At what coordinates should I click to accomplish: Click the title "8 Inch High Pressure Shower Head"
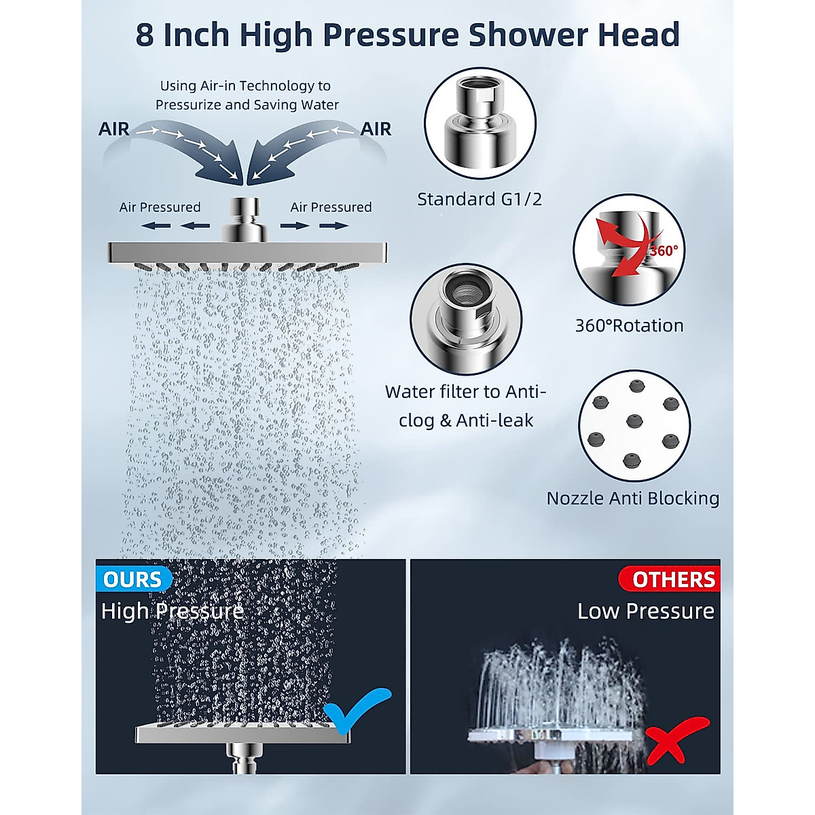coord(407,35)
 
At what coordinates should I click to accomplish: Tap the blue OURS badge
coord(133,579)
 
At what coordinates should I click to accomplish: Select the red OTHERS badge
coord(673,579)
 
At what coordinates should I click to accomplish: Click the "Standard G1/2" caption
coord(479,200)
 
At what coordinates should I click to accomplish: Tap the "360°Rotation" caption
coord(629,326)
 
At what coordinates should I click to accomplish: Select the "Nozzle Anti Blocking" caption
coord(633,499)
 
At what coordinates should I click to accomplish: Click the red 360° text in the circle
coord(663,251)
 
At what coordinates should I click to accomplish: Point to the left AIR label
coord(113,129)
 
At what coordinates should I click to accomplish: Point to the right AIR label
coord(376,129)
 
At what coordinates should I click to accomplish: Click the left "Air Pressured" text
coord(160,207)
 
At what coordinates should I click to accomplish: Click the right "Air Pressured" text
coord(331,207)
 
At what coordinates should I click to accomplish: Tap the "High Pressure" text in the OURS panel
coord(173,611)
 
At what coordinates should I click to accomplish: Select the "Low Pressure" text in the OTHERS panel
coord(645,611)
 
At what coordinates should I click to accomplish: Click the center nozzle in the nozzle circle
coord(634,420)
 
